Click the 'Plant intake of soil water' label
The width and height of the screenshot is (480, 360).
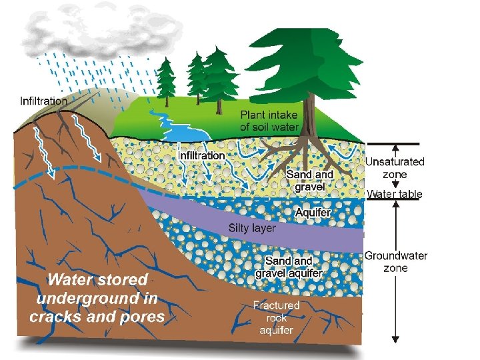(269, 120)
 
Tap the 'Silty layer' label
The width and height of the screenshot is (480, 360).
(252, 228)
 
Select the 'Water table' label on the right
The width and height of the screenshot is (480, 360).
(394, 195)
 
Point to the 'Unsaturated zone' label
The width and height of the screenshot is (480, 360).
(394, 168)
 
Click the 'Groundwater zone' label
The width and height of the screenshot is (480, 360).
(395, 261)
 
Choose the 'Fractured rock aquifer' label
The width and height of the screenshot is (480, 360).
(276, 317)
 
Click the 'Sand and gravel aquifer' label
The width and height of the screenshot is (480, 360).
(289, 267)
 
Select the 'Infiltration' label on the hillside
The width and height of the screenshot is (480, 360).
(44, 101)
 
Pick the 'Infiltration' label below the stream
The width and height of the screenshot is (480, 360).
(201, 155)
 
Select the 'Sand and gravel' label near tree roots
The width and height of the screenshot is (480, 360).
(309, 180)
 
